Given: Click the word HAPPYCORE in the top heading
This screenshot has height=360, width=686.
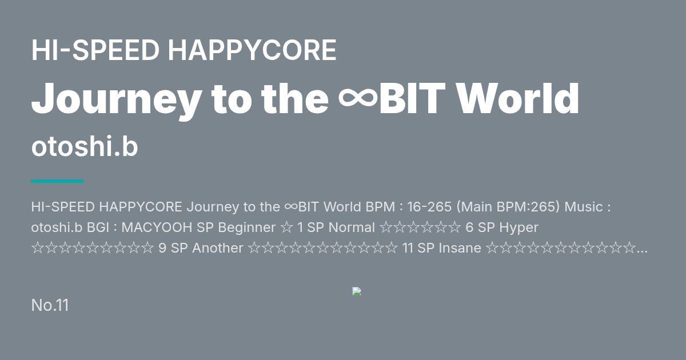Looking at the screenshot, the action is [252, 50].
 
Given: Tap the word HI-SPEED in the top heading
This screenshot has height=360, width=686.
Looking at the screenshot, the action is [95, 50].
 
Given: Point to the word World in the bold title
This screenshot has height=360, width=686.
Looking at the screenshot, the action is [518, 98].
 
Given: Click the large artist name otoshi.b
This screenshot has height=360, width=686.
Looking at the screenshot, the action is [85, 147].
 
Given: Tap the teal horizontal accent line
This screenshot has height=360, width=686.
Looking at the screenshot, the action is [57, 181].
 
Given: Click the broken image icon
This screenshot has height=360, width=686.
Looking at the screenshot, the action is [357, 291].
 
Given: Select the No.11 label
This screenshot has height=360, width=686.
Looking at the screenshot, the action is [50, 305].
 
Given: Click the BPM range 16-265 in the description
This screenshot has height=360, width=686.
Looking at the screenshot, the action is [429, 207].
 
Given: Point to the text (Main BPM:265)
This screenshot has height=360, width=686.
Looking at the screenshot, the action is [508, 207].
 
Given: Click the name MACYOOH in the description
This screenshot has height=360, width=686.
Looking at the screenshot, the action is [157, 227].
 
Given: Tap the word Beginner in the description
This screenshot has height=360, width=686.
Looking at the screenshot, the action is [247, 228].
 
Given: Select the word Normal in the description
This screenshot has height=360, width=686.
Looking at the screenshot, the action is [352, 227].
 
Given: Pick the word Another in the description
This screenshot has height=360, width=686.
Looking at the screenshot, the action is [217, 248].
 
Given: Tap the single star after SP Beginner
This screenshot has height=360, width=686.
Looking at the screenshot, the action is [286, 228].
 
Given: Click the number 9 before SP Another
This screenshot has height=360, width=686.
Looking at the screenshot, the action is [162, 248].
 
